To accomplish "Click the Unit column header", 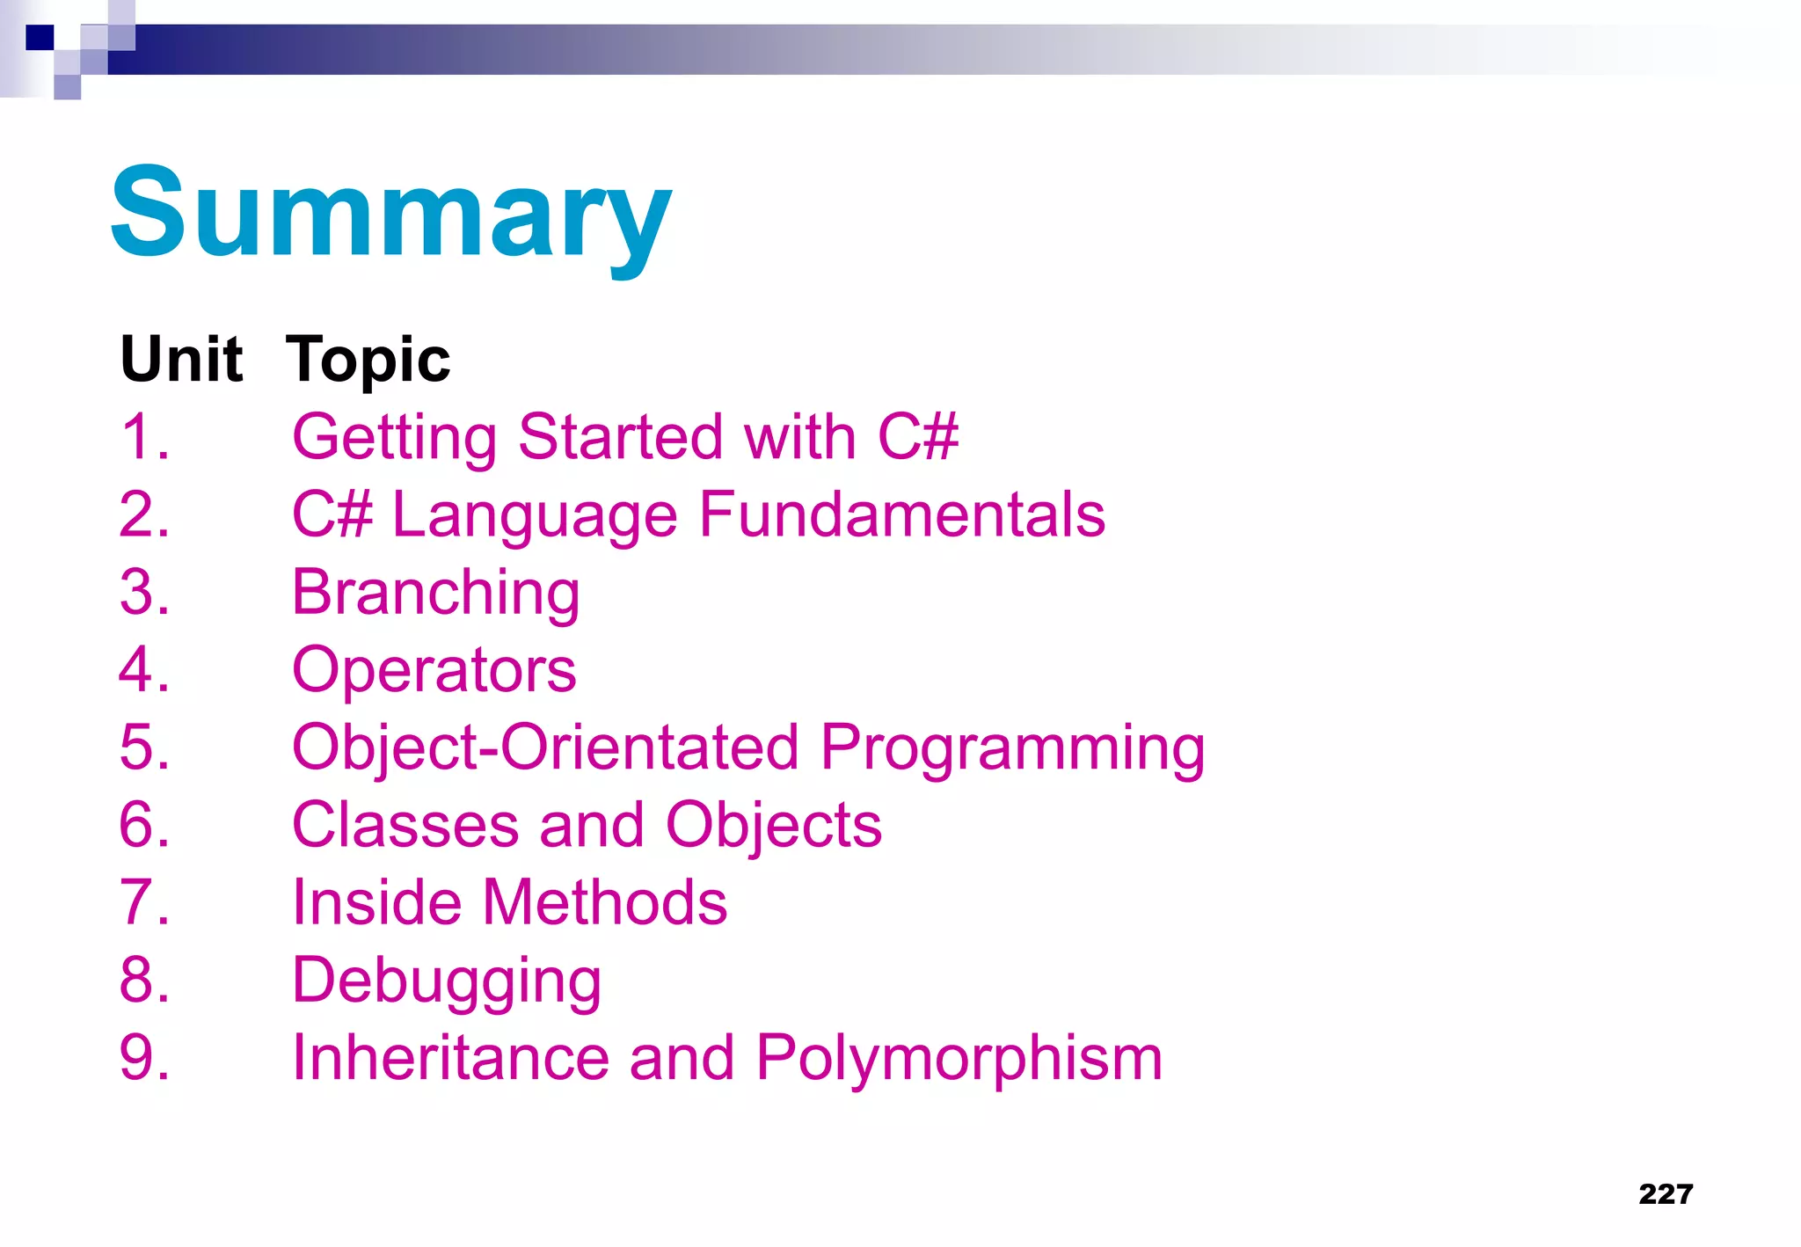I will click(x=181, y=360).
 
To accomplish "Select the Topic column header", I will click(x=368, y=360).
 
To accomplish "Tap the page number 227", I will click(x=1666, y=1193).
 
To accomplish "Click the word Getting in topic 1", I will click(x=394, y=437).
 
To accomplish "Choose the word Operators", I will click(x=434, y=670).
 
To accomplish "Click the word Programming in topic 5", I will click(x=1012, y=747).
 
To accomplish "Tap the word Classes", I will click(x=405, y=825).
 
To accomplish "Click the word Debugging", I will click(x=446, y=981).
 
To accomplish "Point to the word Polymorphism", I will click(x=959, y=1057).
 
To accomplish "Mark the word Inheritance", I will click(x=450, y=1057).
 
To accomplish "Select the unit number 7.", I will click(x=143, y=902).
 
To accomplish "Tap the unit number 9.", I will click(x=143, y=1057).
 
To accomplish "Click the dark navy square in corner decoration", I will click(x=40, y=37).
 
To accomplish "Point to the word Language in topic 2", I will click(x=534, y=516).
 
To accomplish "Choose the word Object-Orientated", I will click(x=545, y=747).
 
